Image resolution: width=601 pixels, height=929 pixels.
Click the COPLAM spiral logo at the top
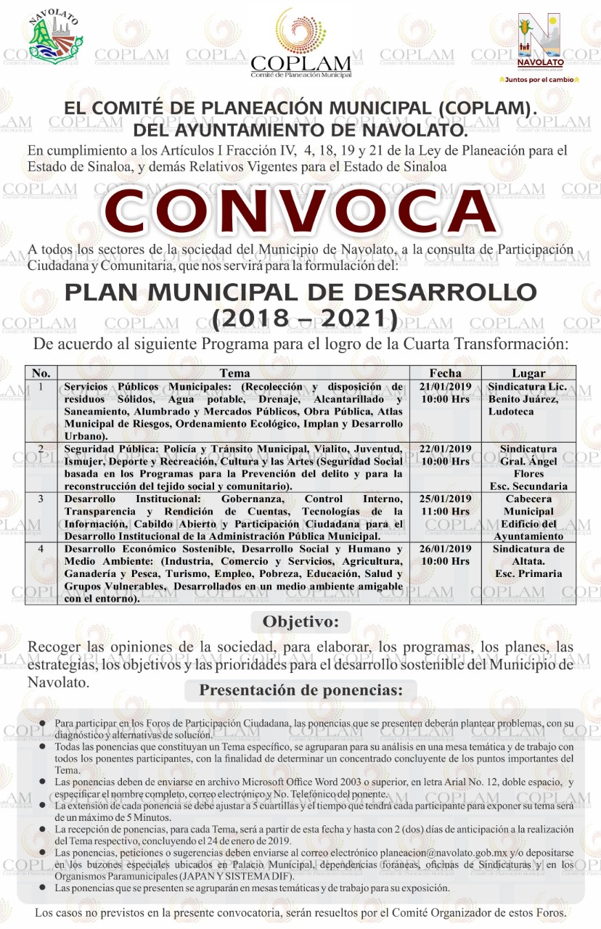point(300,33)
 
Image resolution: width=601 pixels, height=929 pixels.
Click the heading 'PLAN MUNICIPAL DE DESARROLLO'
point(300,294)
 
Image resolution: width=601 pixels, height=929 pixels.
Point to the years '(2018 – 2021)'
point(300,317)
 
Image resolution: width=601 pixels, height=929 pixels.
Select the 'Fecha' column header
point(445,373)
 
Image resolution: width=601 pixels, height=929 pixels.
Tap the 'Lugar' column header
point(528,373)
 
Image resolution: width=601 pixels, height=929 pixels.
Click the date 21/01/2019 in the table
point(446,386)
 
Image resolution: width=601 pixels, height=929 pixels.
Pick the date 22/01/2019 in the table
point(446,449)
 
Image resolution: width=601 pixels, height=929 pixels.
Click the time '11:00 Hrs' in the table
point(445,512)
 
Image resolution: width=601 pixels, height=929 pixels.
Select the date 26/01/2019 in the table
point(446,549)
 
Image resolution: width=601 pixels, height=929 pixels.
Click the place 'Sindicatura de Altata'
point(528,554)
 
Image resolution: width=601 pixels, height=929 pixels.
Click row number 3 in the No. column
point(41,499)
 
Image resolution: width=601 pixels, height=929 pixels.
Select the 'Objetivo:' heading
point(300,621)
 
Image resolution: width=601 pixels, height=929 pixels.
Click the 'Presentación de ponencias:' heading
point(300,689)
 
